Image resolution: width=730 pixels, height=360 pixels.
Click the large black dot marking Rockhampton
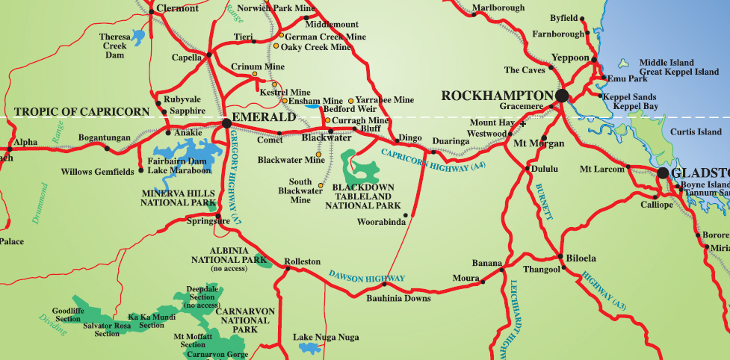pyautogui.click(x=562, y=96)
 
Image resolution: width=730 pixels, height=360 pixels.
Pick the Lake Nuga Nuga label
pyautogui.click(x=326, y=337)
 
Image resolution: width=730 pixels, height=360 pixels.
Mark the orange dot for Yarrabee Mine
pyautogui.click(x=351, y=101)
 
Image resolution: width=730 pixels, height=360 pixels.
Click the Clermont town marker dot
pyautogui.click(x=152, y=10)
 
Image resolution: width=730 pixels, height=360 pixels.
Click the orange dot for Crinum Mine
pyautogui.click(x=254, y=74)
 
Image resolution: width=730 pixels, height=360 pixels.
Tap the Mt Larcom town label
pyautogui.click(x=602, y=170)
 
